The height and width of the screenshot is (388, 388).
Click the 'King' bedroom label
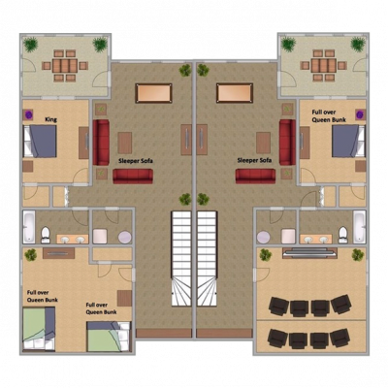coord(50,119)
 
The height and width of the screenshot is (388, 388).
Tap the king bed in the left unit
coord(43,142)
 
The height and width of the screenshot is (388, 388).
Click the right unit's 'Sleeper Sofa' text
coord(254,160)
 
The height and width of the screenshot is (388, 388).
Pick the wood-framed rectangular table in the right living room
coord(234,92)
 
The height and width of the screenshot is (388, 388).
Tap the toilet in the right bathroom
coord(342,233)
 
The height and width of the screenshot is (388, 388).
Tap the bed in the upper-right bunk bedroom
coord(344,142)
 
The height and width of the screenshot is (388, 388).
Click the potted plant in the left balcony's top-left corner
coord(30,44)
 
